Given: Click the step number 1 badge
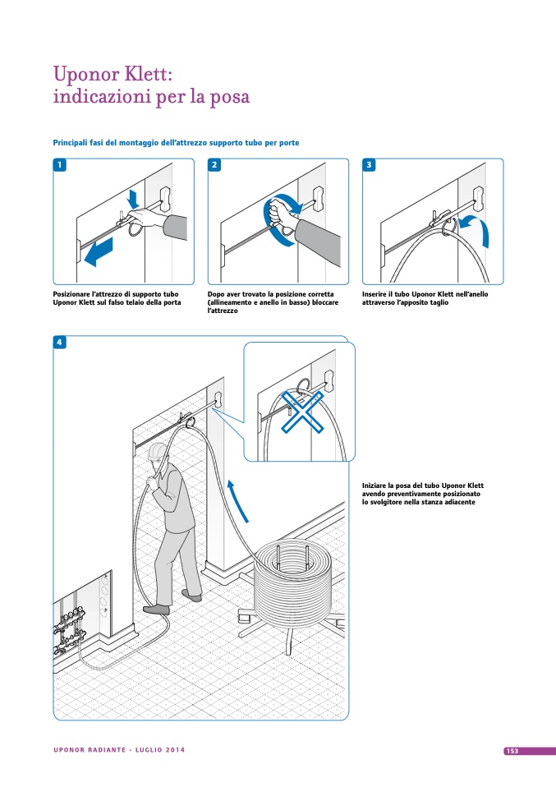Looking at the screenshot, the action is (60, 164).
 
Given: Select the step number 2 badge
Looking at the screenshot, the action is (214, 164).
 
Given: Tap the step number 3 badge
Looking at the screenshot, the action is (369, 164).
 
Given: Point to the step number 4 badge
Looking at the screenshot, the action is (60, 343).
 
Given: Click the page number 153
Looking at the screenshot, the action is (512, 751).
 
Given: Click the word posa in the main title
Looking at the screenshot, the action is (229, 98).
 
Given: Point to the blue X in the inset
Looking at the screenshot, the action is (301, 412).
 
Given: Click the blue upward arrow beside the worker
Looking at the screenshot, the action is (237, 501).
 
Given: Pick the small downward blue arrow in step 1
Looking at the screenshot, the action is (133, 198).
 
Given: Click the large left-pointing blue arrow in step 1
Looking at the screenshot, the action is (99, 252).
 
